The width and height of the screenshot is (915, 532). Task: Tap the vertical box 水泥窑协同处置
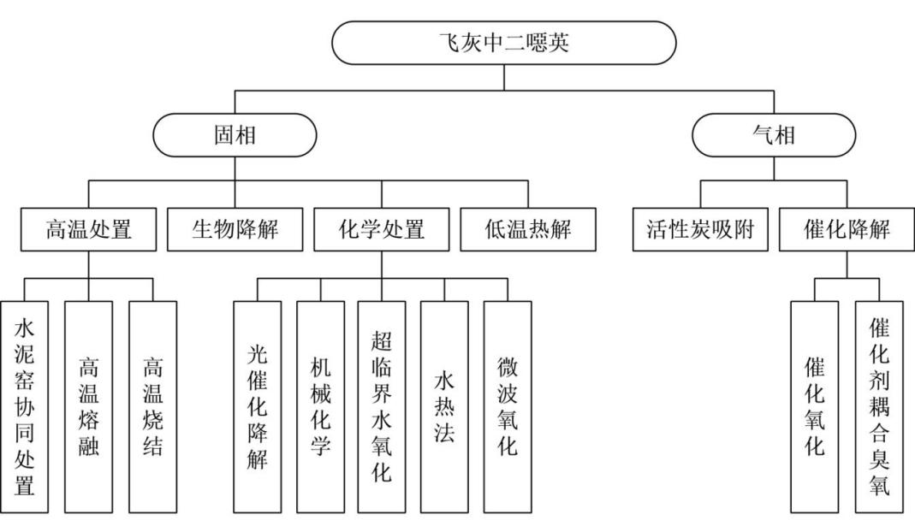[x=25, y=406]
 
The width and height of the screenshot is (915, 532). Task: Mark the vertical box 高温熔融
[x=88, y=406]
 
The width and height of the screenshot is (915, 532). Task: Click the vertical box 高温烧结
[x=152, y=406]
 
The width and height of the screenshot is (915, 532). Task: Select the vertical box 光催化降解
[x=257, y=406]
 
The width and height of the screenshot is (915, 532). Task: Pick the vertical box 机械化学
[x=320, y=406]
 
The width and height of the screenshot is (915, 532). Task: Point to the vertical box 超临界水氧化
[x=382, y=406]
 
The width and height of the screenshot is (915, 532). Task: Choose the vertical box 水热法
[x=444, y=406]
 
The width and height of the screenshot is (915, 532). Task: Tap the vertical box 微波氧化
[x=507, y=406]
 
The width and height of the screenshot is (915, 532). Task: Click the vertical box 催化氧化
[x=815, y=406]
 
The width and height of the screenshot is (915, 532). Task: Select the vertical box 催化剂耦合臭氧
[x=878, y=406]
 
